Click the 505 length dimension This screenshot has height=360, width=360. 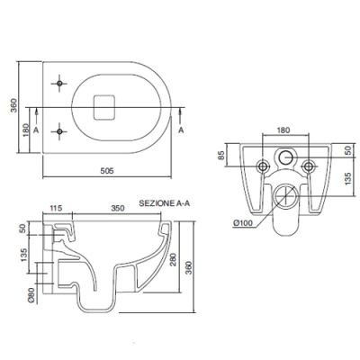107,171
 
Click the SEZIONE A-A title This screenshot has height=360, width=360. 165,203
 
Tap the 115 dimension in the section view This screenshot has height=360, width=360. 56,208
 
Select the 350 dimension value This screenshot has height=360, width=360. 118,208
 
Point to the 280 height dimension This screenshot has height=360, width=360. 174,260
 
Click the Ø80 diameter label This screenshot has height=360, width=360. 32,295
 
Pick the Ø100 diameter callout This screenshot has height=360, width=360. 243,223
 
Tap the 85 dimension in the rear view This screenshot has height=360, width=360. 221,155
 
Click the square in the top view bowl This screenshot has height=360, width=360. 104,107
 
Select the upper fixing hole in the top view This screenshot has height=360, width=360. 59,83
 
